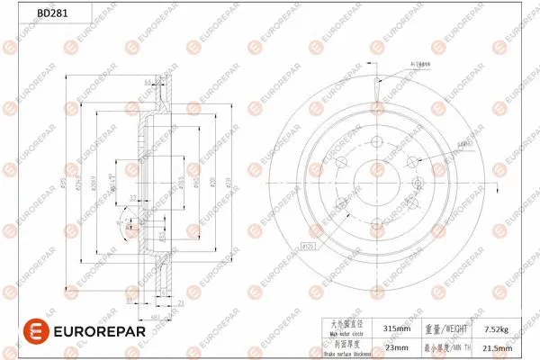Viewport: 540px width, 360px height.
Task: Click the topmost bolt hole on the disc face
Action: [x=375, y=141]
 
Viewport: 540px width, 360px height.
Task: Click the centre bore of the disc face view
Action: [x=375, y=184]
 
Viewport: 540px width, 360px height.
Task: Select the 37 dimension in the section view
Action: [x=132, y=199]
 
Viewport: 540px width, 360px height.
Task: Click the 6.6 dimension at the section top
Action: [x=147, y=83]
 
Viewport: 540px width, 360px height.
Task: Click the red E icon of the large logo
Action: [x=19, y=332]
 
